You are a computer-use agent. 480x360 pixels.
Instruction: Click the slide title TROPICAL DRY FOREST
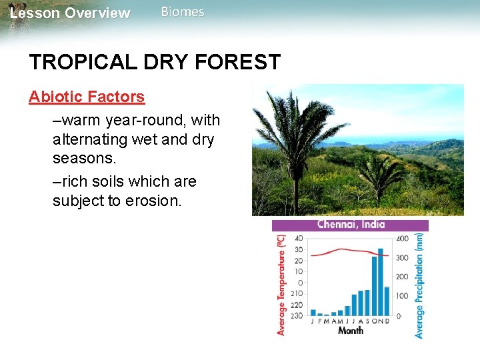point(155,62)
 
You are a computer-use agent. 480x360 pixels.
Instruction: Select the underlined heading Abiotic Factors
point(87,97)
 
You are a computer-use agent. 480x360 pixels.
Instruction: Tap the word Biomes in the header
point(183,12)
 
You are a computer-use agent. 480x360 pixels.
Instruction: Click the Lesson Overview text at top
point(71,13)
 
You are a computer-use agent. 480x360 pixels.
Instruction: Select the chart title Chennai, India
point(351,225)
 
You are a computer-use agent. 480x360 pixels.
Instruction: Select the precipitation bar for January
point(313,312)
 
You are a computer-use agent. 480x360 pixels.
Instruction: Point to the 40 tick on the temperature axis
point(299,239)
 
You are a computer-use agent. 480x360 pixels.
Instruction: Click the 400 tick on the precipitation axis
point(402,239)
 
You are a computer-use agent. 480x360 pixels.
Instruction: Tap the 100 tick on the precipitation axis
point(402,296)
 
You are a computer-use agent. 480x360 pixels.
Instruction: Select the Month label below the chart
point(350,331)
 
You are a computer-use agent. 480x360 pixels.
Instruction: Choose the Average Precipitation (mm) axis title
point(419,285)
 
